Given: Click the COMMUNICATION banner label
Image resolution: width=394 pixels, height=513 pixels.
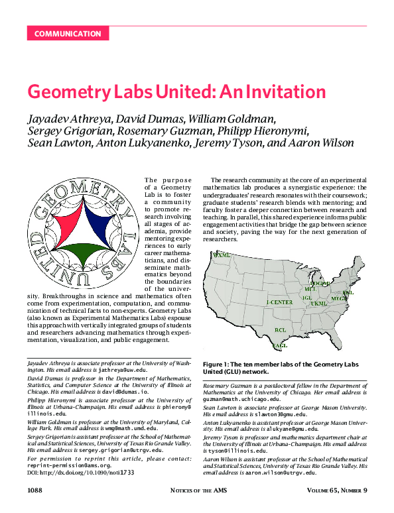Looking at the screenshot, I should [68, 34].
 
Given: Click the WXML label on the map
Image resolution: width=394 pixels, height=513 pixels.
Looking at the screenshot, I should [221, 255].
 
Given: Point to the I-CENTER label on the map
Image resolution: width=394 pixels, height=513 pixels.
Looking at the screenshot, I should [279, 302].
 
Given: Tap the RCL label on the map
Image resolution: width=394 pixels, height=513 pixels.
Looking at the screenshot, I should [281, 329].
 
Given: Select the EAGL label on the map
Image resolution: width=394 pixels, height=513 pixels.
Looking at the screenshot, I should [280, 345].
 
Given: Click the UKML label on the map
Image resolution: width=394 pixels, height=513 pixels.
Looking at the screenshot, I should [319, 304].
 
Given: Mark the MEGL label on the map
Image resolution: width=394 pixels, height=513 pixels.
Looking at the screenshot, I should [339, 300].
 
